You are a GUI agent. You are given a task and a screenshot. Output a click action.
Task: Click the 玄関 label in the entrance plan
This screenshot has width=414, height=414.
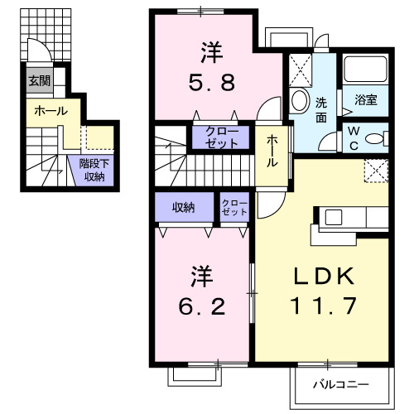tap(38, 81)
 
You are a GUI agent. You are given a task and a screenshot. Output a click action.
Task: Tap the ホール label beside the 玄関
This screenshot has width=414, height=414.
tap(51, 110)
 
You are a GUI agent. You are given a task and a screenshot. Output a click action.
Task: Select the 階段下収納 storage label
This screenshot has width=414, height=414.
tap(92, 170)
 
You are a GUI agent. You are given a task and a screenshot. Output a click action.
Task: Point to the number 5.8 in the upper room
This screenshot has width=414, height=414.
tap(209, 83)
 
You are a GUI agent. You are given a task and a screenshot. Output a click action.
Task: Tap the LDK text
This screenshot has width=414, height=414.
tap(324, 277)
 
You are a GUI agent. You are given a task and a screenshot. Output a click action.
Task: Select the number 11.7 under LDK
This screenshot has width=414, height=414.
tap(324, 306)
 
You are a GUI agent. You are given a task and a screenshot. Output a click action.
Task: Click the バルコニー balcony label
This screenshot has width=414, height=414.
tap(340, 384)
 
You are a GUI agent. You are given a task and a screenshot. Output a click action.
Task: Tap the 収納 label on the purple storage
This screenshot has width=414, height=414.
tap(184, 207)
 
